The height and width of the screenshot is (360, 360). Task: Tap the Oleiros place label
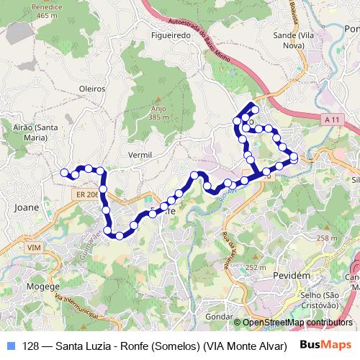click(x=91, y=89)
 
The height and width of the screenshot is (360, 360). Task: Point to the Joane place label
click(x=26, y=207)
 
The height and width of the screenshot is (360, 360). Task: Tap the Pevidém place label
click(x=292, y=276)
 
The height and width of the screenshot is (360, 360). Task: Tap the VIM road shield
click(x=33, y=247)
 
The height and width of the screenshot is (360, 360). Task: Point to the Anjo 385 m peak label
click(x=158, y=113)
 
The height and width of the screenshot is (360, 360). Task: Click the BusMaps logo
click(x=325, y=344)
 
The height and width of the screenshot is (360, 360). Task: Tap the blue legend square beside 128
click(x=10, y=345)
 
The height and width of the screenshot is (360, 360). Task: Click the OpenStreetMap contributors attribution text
click(x=297, y=323)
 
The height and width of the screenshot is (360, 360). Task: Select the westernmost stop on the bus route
click(x=64, y=172)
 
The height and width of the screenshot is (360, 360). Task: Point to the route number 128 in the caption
click(x=31, y=345)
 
